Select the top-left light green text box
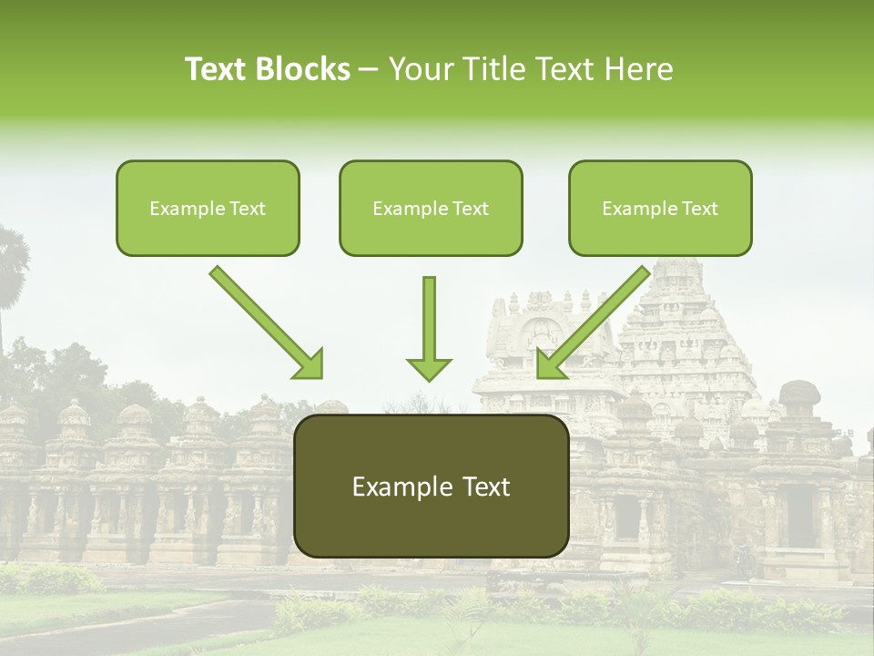click(208, 208)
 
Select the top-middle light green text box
click(431, 208)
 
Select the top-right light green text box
click(660, 208)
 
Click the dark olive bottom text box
click(431, 486)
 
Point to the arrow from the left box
click(267, 323)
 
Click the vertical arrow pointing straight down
click(429, 328)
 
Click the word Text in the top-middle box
click(470, 209)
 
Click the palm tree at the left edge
click(11, 260)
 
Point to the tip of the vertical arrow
click(429, 378)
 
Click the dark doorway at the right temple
click(800, 516)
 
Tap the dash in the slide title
click(369, 69)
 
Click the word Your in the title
click(420, 69)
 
